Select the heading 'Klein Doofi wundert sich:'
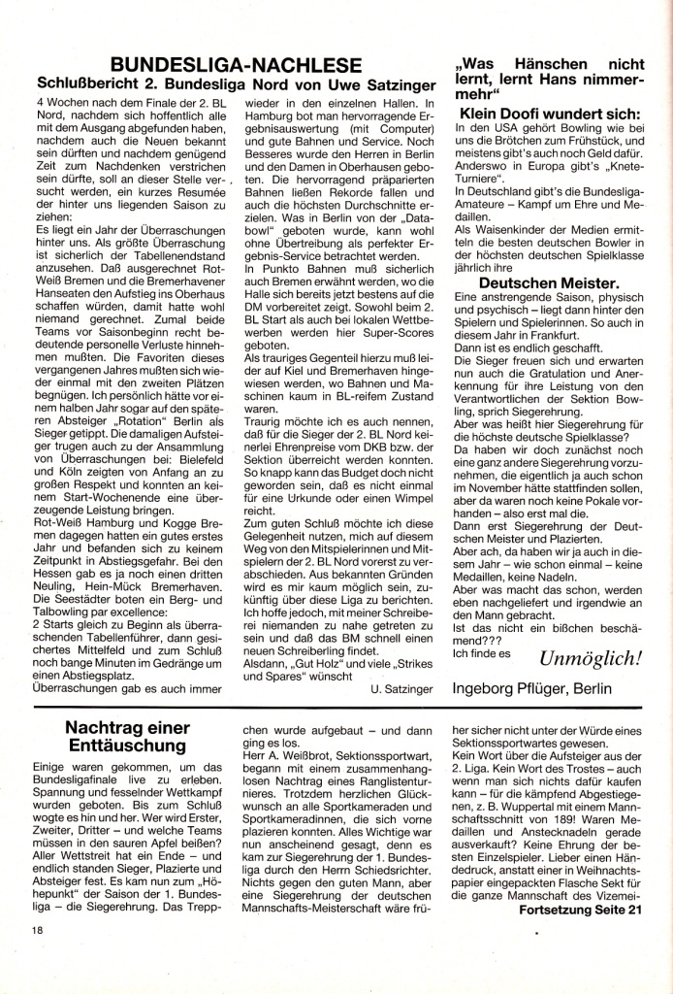coord(548,114)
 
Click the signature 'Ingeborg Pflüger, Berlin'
coord(533,689)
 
